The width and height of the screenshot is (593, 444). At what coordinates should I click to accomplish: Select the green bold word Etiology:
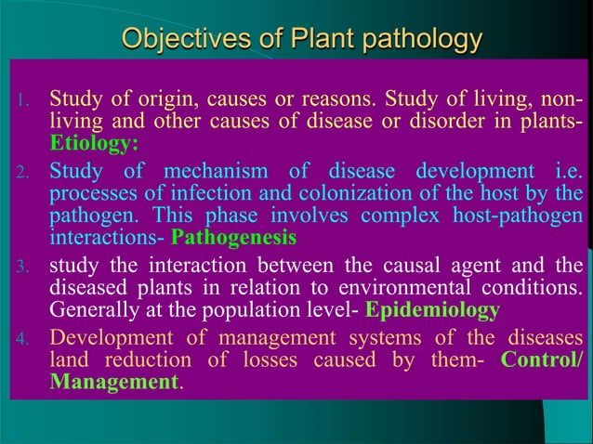click(x=95, y=144)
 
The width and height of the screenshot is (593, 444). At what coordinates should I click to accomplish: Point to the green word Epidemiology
click(x=433, y=309)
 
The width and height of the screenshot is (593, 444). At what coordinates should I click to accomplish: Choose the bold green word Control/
click(x=543, y=359)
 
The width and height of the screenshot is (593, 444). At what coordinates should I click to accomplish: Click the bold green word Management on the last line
click(x=112, y=382)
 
